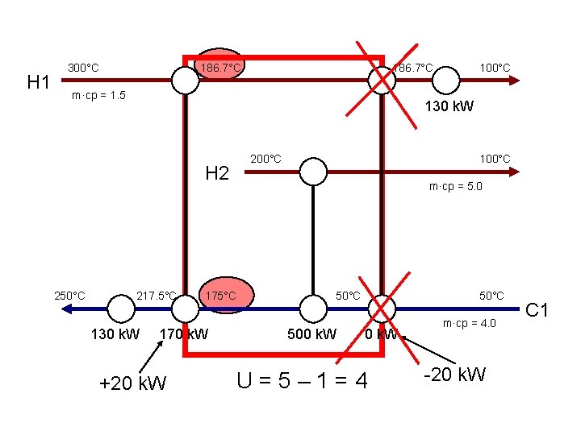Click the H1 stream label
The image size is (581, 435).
40,82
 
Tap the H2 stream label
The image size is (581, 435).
218,172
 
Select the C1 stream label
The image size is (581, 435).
537,308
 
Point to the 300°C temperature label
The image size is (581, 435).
83,68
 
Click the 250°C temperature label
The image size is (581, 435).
69,296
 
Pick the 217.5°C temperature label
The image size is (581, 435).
157,296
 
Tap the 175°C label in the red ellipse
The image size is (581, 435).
220,296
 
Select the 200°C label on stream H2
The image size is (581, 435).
265,158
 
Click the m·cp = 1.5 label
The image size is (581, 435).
98,96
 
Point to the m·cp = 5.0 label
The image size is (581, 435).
455,187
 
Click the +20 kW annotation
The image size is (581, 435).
132,383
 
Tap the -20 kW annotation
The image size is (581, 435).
455,375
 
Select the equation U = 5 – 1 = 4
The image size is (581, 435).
302,379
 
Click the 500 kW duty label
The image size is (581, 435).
312,333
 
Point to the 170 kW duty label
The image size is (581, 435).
184,333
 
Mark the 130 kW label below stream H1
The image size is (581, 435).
449,106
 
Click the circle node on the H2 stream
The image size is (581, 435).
313,171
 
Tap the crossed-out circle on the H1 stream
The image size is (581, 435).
379,79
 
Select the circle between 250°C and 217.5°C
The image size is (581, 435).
121,307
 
